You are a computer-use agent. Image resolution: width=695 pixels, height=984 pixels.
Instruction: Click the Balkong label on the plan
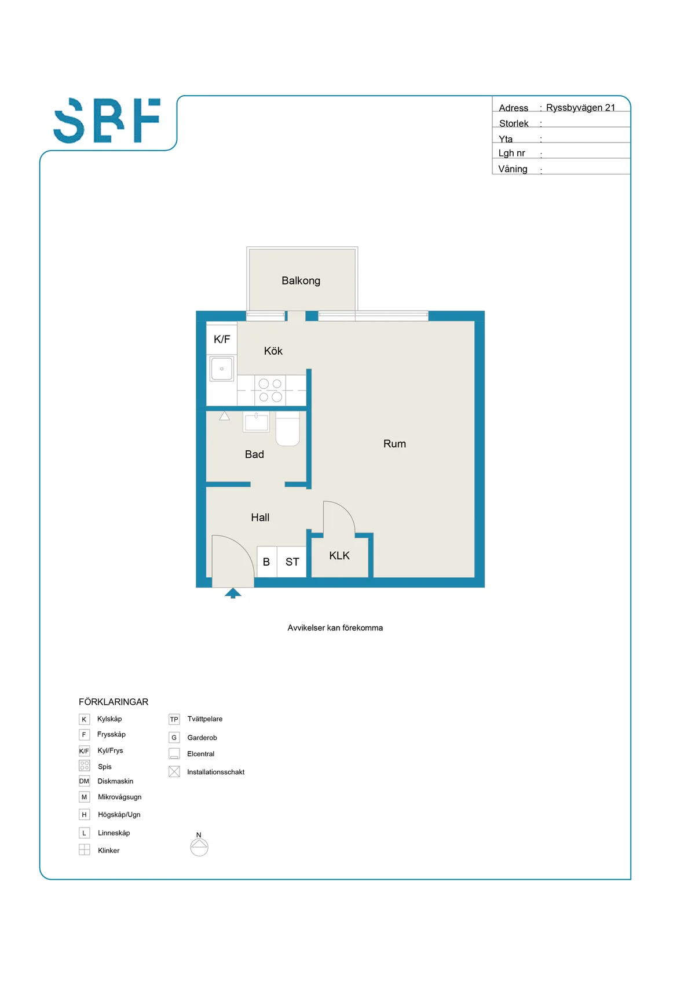pos(301,280)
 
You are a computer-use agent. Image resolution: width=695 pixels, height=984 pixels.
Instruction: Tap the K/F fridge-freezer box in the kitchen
pos(222,340)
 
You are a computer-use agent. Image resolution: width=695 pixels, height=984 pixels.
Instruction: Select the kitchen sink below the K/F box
pos(222,369)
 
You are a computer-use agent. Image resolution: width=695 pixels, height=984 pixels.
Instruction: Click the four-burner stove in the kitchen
pos(270,390)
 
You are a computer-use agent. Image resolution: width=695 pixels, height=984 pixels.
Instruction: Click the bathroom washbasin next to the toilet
pos(256,422)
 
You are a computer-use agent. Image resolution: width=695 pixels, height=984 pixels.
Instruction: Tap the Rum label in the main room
pos(394,444)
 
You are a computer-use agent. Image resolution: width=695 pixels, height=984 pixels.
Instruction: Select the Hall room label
pos(260,517)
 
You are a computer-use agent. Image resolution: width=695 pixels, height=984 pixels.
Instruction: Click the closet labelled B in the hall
pos(266,562)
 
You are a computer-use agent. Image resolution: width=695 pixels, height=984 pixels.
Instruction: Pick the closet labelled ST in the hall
pos(292,562)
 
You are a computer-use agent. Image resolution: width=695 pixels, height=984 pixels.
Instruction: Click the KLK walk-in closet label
pos(339,556)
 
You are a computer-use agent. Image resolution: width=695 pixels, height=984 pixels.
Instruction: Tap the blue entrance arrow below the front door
pos(233,593)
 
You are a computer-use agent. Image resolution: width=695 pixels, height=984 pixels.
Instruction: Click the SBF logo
pos(107,121)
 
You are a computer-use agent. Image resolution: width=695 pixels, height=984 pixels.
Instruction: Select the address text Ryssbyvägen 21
pos(580,108)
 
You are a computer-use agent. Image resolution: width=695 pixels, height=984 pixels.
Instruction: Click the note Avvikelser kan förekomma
pos(335,628)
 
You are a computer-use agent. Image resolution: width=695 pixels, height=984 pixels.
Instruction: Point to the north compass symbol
pos(199,846)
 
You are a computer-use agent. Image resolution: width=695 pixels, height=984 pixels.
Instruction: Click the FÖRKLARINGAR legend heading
pos(114,702)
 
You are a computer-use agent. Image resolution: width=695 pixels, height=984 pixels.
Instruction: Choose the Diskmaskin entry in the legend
pos(115,781)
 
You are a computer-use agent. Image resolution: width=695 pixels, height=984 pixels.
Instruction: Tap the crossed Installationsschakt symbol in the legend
pos(174,772)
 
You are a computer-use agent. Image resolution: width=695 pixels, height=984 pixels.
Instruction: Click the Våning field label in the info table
pos(513,169)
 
